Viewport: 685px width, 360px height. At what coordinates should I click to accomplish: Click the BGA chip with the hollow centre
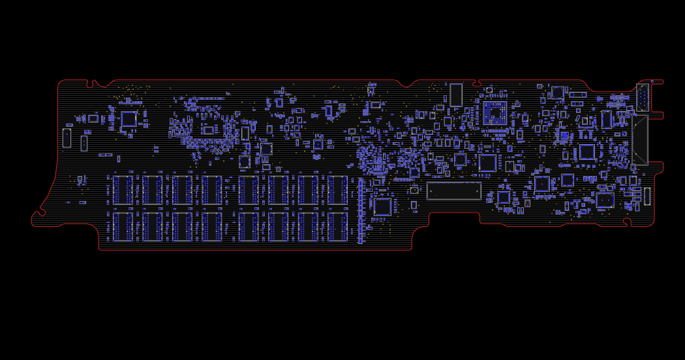495,113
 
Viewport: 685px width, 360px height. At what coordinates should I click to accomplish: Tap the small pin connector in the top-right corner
643,97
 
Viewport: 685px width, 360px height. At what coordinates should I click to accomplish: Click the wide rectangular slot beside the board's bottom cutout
453,191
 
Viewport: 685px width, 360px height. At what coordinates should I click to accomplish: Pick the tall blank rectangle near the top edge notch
456,95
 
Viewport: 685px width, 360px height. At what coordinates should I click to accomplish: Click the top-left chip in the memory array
123,190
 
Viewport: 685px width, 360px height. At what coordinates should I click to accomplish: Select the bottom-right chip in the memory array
337,226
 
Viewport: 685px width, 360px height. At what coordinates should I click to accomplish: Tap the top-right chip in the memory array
337,190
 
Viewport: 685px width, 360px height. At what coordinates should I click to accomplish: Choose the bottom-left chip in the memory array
123,226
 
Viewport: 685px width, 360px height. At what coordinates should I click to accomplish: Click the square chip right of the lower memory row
382,207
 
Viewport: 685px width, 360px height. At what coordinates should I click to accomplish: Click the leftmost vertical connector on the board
67,138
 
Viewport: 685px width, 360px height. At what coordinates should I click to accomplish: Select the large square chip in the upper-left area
129,119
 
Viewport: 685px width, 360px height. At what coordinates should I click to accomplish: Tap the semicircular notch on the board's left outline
41,213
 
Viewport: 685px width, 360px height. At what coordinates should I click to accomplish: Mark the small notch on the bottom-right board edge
627,222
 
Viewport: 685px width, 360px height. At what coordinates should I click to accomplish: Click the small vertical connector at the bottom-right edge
647,196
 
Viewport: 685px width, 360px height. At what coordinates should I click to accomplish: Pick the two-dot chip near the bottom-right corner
605,200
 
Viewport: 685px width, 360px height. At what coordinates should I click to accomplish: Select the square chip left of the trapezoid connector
587,151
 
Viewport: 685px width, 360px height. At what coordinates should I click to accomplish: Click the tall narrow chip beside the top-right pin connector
607,119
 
